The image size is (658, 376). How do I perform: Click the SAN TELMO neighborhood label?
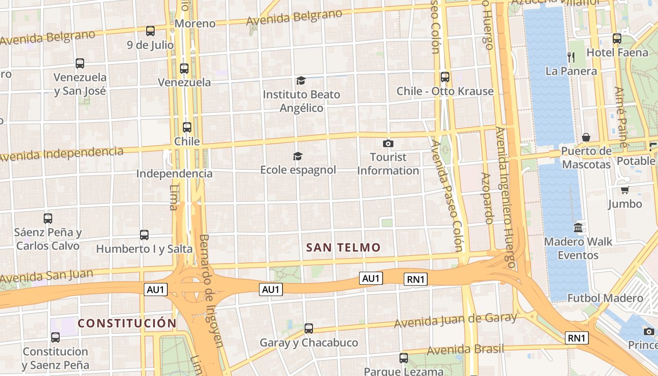coord(343,248)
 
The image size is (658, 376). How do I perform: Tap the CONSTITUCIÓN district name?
coord(127,323)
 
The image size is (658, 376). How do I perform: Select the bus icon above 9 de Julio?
coord(150,31)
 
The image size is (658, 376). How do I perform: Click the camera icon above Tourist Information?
coord(388,143)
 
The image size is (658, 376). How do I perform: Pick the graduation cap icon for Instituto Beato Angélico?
coord(301,81)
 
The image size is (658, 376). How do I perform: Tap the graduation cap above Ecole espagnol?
coord(298,156)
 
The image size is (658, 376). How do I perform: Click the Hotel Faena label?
coord(617,53)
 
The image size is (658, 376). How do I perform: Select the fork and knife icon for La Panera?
coord(572,57)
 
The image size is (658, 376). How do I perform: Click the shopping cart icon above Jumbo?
coord(625,190)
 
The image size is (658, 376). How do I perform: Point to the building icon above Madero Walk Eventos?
coord(578,228)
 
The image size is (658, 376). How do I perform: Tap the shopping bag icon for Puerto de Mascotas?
coord(586,137)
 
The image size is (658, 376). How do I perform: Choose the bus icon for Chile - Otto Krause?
coord(445,77)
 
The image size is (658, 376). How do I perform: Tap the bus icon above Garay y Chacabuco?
coord(309,329)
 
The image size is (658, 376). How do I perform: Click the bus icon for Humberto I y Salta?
coord(144,235)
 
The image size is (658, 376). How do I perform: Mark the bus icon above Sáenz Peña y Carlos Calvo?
coord(48,218)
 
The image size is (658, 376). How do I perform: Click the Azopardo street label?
coord(487,198)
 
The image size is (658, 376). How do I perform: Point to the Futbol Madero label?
coord(605,298)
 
